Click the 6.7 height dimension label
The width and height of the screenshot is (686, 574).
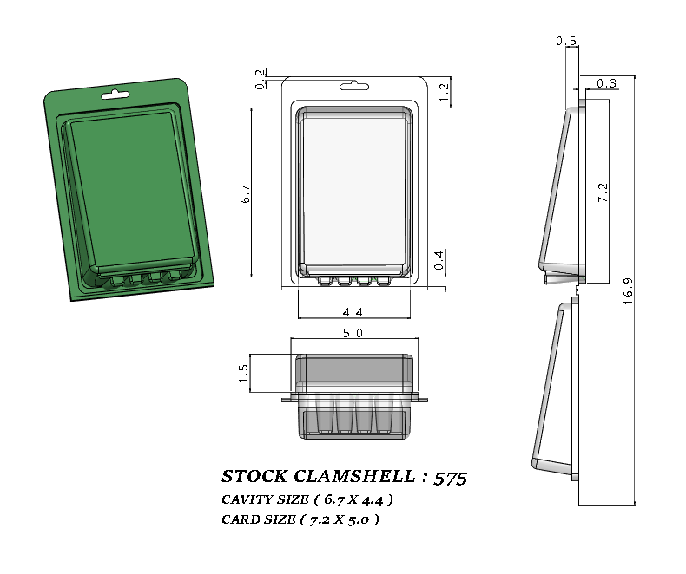(x=246, y=194)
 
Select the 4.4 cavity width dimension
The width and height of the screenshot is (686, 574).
(x=353, y=311)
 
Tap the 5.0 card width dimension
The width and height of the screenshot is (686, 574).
(x=353, y=332)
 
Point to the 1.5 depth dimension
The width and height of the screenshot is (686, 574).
(x=244, y=372)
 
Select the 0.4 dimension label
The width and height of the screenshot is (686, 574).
(x=439, y=259)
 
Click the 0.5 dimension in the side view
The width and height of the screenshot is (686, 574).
(x=566, y=41)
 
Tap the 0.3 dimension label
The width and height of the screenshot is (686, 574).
(x=607, y=83)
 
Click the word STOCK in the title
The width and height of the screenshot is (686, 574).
(x=253, y=477)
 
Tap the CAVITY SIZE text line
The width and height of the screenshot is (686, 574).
(x=307, y=499)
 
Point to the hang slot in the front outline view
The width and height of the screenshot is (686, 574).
(x=355, y=86)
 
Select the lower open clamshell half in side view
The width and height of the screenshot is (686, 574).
(x=556, y=390)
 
